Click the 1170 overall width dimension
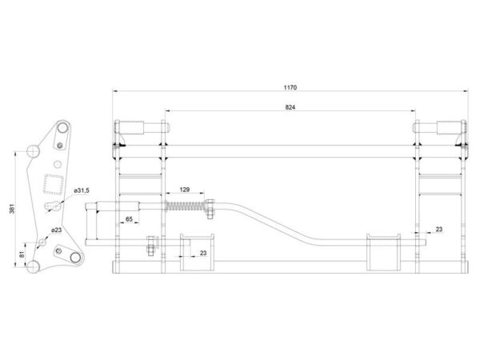coord(290,87)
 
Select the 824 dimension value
coord(290,107)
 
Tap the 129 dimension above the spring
coord(184,190)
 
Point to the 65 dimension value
coord(129,219)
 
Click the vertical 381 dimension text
coord(12,208)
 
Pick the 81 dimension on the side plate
coord(22,254)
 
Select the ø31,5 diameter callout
coord(82,190)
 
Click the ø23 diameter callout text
coord(56,230)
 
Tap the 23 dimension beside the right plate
coord(439,229)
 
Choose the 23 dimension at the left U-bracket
coord(203,253)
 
